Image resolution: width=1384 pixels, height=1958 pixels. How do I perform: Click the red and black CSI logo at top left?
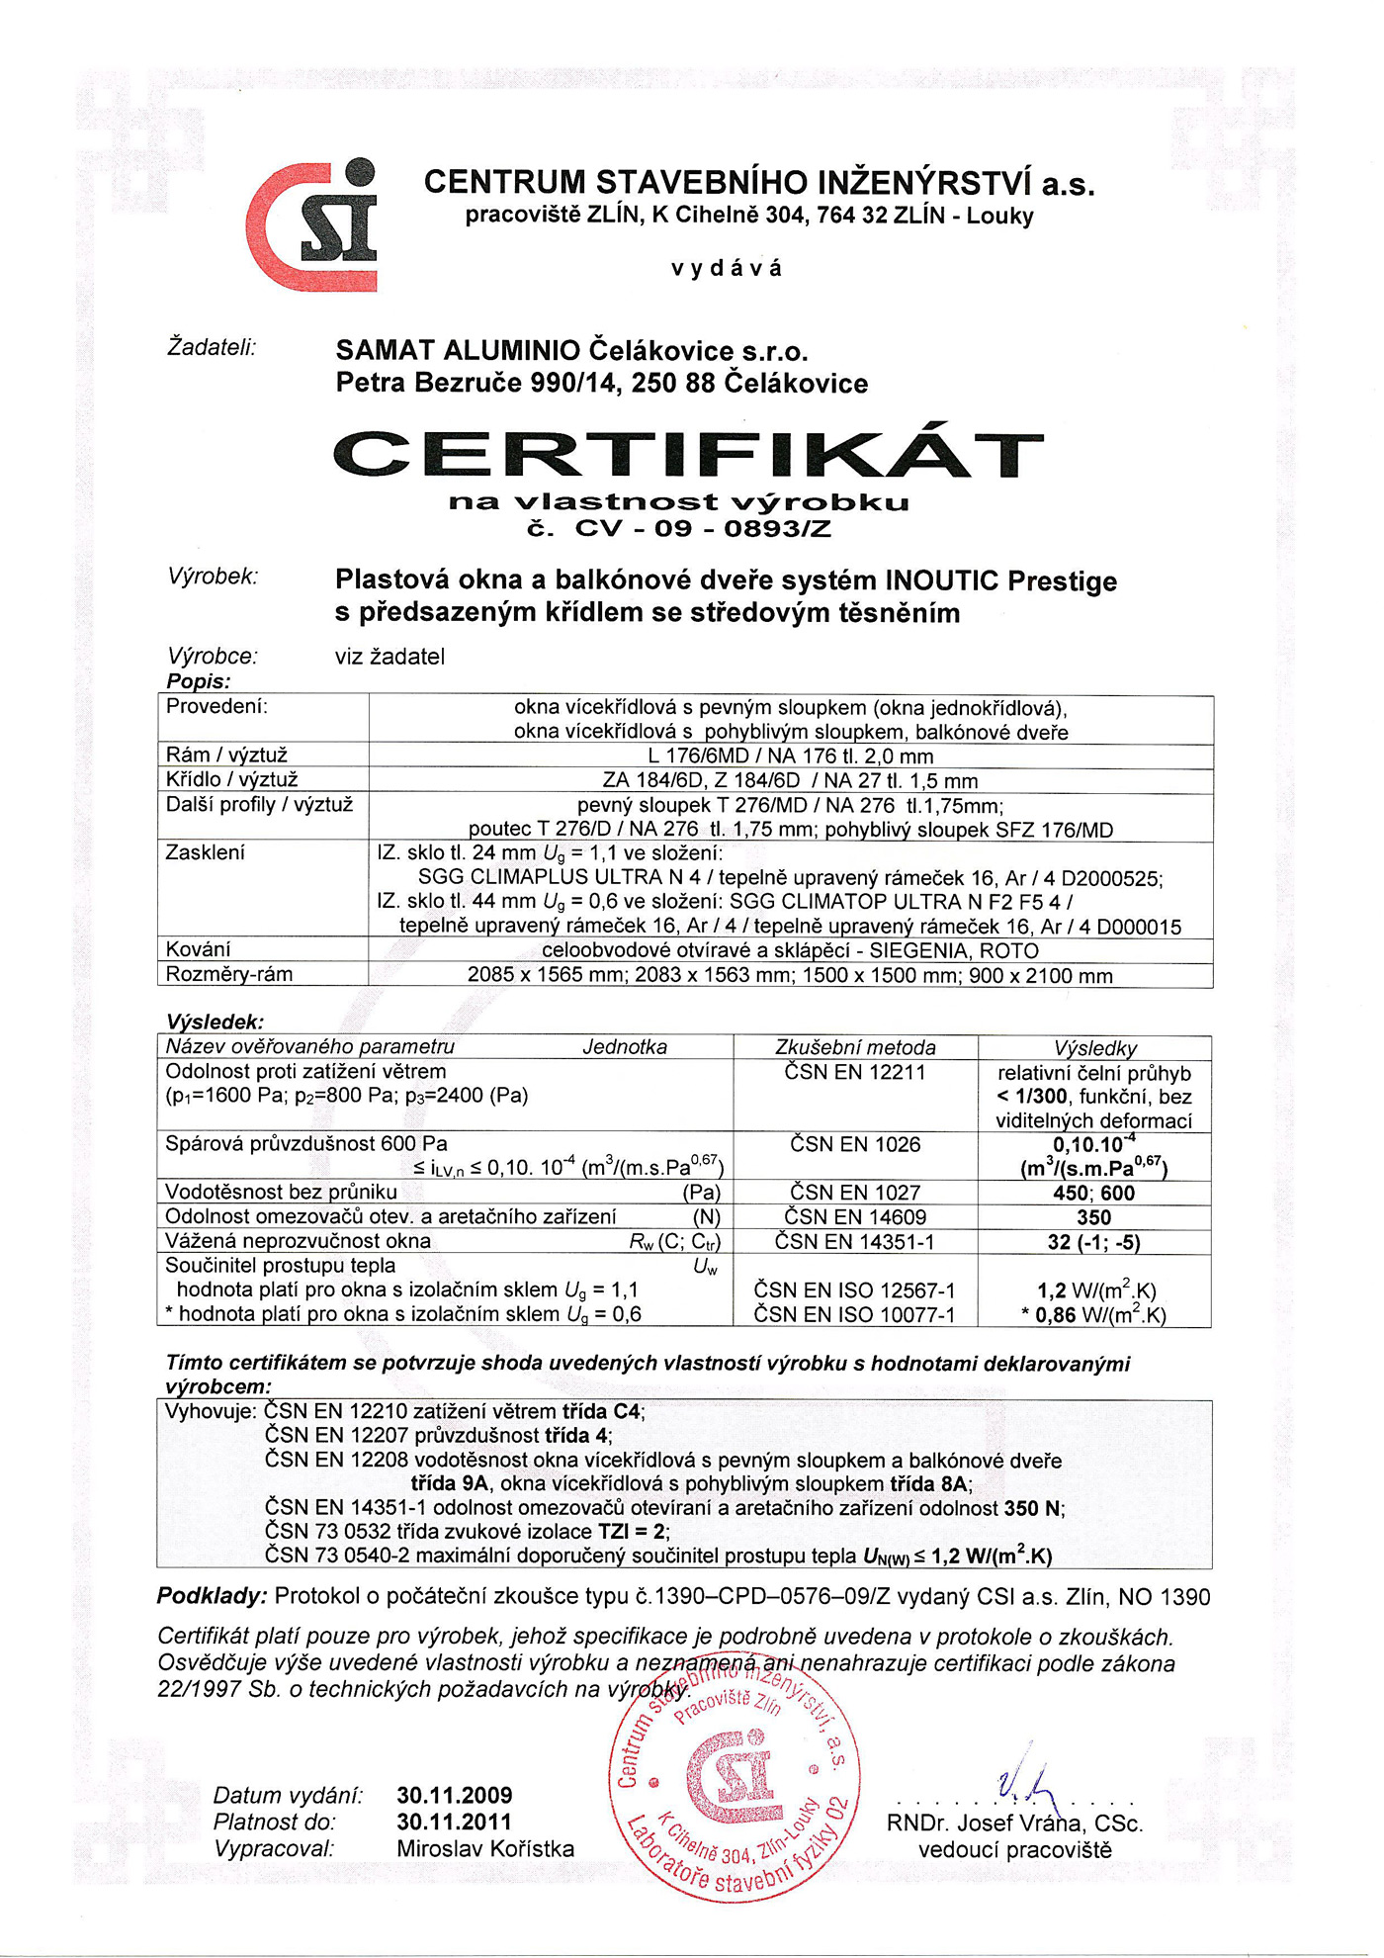point(313,224)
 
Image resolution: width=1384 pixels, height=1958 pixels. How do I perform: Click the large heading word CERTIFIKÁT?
point(688,454)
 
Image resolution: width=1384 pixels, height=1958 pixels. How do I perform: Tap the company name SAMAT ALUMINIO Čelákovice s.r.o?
point(572,350)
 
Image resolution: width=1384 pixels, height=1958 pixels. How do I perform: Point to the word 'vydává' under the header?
point(727,268)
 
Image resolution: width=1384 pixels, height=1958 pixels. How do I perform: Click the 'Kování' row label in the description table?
point(199,949)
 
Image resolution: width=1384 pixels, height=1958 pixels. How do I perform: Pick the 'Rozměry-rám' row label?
point(229,974)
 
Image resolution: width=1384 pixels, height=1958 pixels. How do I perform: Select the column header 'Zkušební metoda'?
point(855,1047)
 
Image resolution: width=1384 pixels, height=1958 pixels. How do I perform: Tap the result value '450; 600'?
point(1093,1193)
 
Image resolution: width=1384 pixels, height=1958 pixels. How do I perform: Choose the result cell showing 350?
point(1093,1217)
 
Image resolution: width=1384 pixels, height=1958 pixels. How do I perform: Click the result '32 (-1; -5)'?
point(1093,1242)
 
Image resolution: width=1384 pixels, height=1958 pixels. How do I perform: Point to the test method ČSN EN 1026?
point(855,1144)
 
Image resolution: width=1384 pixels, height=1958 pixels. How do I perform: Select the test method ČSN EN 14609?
point(855,1217)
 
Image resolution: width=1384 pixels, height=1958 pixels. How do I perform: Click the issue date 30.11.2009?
point(455,1795)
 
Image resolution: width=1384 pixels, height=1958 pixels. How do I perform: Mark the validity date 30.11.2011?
point(455,1822)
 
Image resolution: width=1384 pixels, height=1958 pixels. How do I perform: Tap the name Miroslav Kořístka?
point(485,1848)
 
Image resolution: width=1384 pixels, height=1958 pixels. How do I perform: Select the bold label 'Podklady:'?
point(212,1597)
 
